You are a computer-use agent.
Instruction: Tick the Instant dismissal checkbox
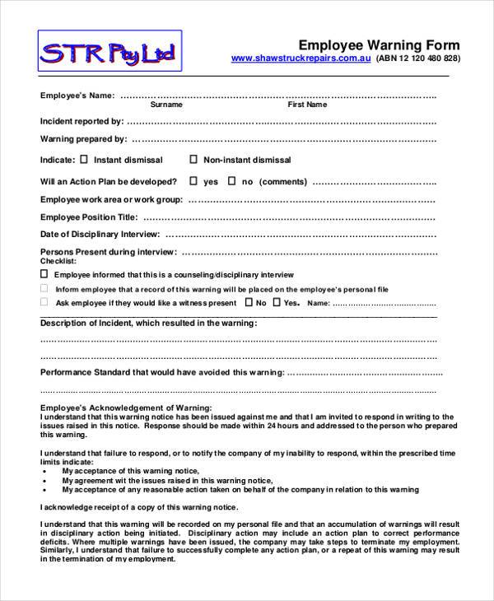click(83, 160)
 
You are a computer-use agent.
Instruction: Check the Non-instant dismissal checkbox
click(193, 160)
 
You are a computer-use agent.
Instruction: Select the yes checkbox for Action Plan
click(193, 180)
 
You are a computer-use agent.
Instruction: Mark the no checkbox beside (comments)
click(231, 180)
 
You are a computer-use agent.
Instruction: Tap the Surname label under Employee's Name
click(166, 105)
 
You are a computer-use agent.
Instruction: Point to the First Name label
click(306, 105)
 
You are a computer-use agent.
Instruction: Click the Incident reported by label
click(82, 120)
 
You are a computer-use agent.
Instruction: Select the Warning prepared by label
click(83, 139)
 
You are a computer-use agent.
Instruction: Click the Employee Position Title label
click(88, 217)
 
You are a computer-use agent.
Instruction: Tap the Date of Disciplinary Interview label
click(100, 235)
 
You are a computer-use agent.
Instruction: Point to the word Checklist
click(56, 260)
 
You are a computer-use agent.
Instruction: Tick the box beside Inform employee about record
click(44, 289)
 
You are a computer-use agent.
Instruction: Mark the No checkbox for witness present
click(248, 303)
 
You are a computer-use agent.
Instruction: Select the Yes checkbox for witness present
click(277, 303)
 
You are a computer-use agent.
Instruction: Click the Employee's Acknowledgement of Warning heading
click(125, 408)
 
